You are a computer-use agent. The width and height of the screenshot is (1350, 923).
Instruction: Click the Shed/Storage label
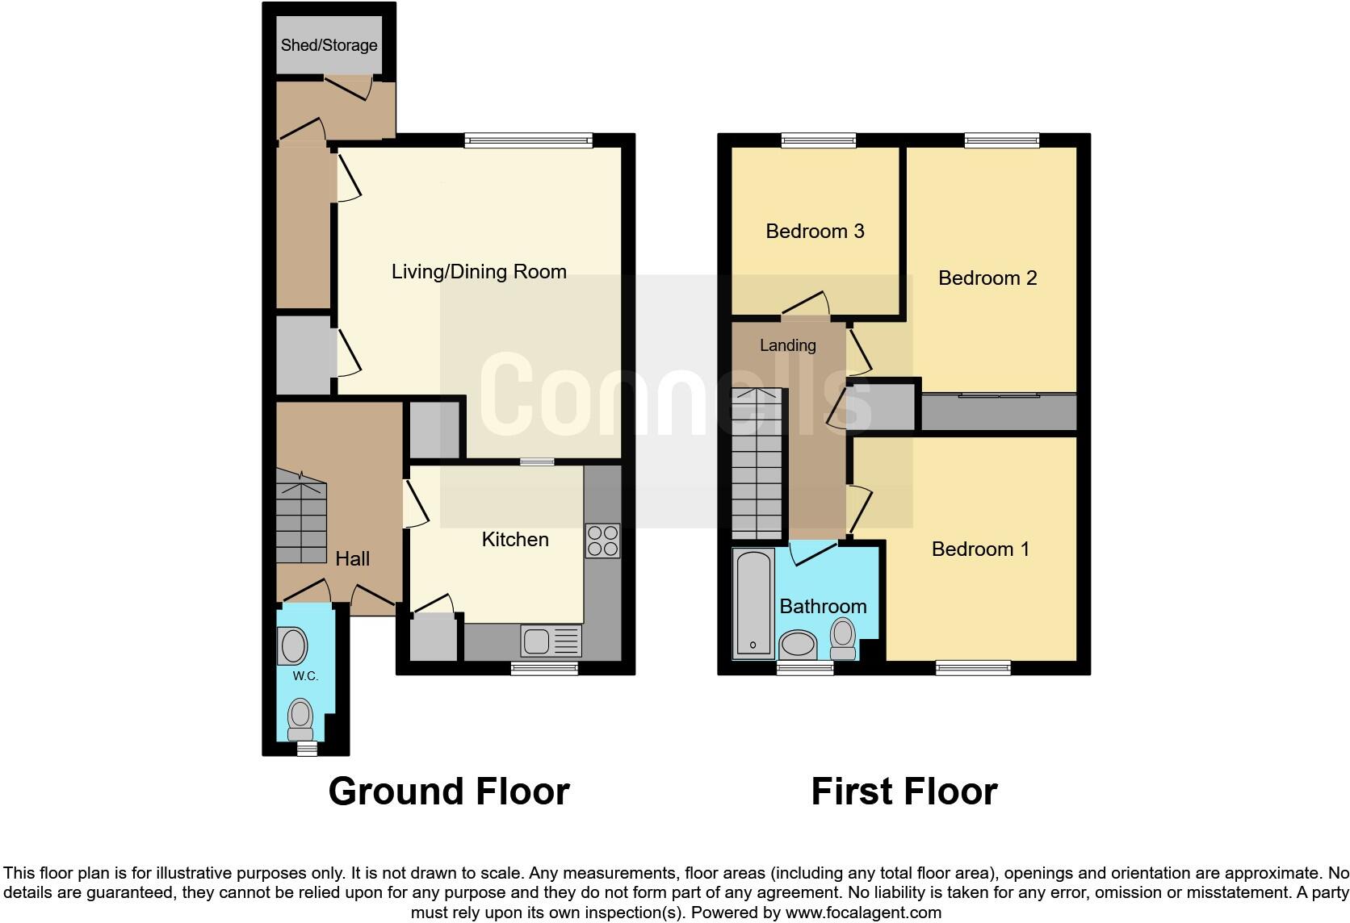tap(329, 45)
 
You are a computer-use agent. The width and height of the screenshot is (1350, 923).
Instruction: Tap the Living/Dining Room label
tap(479, 272)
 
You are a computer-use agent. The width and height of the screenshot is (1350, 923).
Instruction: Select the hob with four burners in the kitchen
tap(602, 541)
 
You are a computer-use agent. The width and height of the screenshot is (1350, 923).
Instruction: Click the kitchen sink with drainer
tap(551, 642)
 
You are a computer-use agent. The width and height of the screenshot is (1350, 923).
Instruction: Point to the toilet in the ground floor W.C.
tap(300, 719)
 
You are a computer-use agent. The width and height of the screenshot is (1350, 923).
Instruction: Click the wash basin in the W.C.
tap(292, 646)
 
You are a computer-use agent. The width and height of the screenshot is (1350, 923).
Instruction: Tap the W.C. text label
tap(305, 676)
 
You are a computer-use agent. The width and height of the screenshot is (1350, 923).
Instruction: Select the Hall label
tap(352, 558)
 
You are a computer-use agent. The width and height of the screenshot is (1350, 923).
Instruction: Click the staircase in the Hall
tap(300, 518)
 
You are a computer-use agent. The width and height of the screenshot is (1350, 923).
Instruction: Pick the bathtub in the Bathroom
tap(753, 603)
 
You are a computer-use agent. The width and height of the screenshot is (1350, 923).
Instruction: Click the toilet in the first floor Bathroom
tap(843, 638)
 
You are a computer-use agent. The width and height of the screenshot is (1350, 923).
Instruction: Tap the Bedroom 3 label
tap(815, 232)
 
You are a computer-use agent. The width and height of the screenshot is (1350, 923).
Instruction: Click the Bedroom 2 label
tap(987, 278)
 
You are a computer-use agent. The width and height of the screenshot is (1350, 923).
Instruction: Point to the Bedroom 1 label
tap(980, 549)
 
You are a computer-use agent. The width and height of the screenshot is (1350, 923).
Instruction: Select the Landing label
tap(787, 345)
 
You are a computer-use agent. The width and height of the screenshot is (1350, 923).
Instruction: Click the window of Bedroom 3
tap(819, 140)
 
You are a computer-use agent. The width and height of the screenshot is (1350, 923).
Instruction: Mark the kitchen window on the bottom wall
tap(544, 668)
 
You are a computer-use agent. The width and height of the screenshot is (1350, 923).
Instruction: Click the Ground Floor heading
tap(449, 791)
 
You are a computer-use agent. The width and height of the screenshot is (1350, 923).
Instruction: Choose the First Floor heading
tap(903, 791)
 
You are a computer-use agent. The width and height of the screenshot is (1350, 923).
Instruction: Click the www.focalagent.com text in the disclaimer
tap(863, 913)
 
